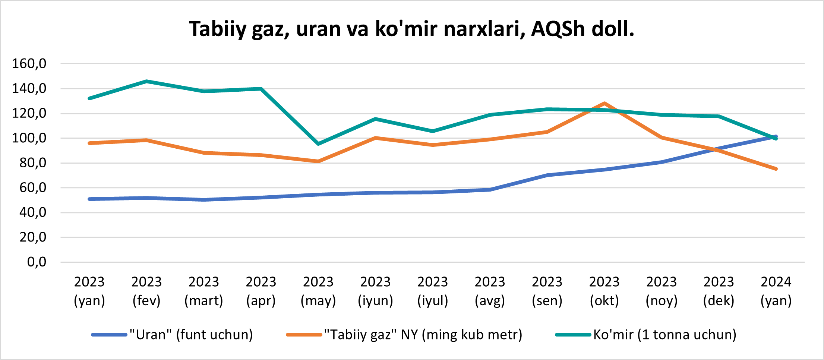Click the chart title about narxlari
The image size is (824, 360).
pyautogui.click(x=411, y=29)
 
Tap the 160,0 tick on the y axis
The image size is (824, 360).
pyautogui.click(x=29, y=64)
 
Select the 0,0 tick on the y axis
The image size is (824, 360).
pyautogui.click(x=37, y=262)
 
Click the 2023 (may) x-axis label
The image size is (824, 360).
pyautogui.click(x=318, y=291)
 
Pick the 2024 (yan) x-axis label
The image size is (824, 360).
pyautogui.click(x=776, y=291)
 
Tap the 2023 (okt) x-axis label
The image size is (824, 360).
pyautogui.click(x=604, y=291)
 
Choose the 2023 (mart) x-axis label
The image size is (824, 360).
pyautogui.click(x=204, y=291)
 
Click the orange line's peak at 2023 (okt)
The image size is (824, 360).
pyautogui.click(x=604, y=103)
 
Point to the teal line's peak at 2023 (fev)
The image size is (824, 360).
pyautogui.click(x=147, y=81)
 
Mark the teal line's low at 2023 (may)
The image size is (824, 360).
pyautogui.click(x=318, y=144)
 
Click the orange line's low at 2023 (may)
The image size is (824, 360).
pyautogui.click(x=318, y=161)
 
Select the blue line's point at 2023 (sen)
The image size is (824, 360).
pyautogui.click(x=547, y=175)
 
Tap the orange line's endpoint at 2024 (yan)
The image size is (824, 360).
pyautogui.click(x=776, y=169)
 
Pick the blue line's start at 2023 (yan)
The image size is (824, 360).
pyautogui.click(x=89, y=199)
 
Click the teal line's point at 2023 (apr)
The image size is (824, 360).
pyautogui.click(x=261, y=89)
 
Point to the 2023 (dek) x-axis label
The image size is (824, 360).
pyautogui.click(x=719, y=291)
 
